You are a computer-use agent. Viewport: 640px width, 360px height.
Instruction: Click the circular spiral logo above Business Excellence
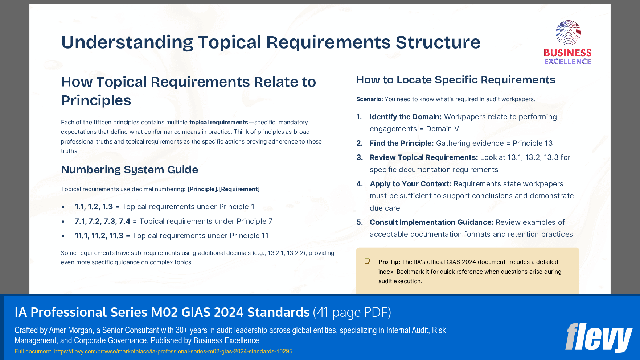point(568,33)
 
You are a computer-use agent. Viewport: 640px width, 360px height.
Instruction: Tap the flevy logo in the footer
point(599,338)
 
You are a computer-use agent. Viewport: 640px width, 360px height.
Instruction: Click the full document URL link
point(173,351)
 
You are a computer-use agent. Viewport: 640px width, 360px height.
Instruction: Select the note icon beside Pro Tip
point(367,261)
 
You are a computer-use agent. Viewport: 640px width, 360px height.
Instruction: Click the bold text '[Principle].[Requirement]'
point(223,189)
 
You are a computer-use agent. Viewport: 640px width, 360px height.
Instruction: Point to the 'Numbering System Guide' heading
point(130,170)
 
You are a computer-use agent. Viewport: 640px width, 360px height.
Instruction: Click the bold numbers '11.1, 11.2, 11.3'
point(99,236)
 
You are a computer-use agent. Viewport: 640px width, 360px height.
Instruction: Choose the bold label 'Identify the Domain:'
point(405,117)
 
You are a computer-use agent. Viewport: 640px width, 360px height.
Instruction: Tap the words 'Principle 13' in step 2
point(532,143)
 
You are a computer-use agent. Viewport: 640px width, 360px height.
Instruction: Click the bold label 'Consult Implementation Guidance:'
point(431,222)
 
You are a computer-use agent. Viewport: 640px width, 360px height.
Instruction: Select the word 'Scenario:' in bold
point(369,99)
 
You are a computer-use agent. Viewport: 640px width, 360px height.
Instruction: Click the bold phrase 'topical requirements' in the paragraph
point(218,122)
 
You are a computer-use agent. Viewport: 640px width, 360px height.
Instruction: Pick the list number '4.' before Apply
point(360,184)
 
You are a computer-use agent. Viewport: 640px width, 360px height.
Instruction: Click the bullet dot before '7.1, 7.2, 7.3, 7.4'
point(63,222)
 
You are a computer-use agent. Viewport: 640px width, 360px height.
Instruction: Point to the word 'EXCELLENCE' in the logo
point(567,61)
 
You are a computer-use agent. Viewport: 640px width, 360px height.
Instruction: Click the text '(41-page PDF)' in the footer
point(352,312)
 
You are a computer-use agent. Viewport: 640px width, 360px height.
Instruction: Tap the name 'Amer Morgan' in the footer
point(71,330)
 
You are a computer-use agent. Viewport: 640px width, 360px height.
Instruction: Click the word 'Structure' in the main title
point(438,42)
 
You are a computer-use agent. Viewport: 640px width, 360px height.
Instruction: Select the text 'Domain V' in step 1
point(442,129)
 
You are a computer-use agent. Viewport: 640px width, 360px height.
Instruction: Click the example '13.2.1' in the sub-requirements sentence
point(276,253)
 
